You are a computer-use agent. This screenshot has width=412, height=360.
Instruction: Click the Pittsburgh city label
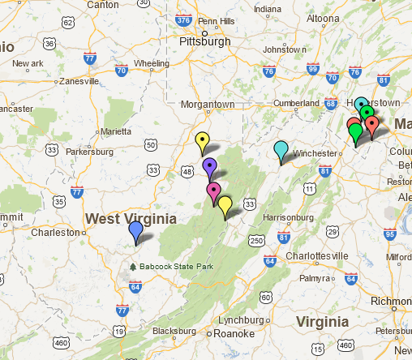tap(205, 39)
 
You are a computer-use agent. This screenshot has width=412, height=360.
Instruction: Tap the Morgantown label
tap(212, 105)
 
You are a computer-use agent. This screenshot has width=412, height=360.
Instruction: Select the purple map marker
tap(210, 168)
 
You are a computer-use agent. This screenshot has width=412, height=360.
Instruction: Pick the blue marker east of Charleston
tap(136, 231)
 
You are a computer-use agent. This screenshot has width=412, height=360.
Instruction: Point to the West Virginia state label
tap(131, 219)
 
